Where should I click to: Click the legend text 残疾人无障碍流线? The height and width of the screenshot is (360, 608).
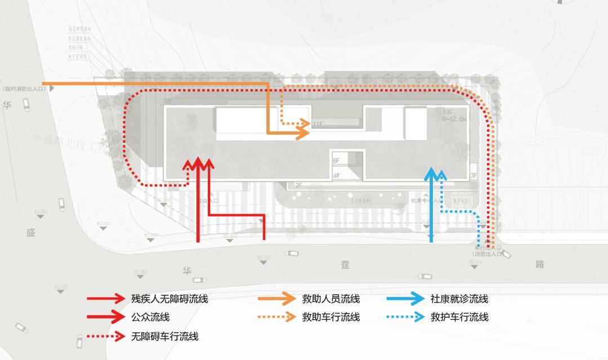coord(169,299)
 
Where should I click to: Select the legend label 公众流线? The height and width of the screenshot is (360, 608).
coord(150,317)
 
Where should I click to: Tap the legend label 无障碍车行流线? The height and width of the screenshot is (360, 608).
coord(165,337)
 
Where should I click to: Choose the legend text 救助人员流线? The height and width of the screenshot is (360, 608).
coord(331,299)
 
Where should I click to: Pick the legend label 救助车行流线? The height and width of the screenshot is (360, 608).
coord(331,317)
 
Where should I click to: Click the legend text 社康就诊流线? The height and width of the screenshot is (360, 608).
coord(459,299)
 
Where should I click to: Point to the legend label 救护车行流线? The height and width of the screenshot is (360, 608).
coord(459,317)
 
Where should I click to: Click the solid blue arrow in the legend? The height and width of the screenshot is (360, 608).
coord(405,299)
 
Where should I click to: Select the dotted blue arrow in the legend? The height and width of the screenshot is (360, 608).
coord(405,317)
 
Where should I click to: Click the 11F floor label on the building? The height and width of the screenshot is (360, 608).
coord(319,123)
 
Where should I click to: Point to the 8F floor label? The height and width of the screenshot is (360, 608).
coord(336,161)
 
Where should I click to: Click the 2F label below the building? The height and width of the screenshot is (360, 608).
coord(298,185)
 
